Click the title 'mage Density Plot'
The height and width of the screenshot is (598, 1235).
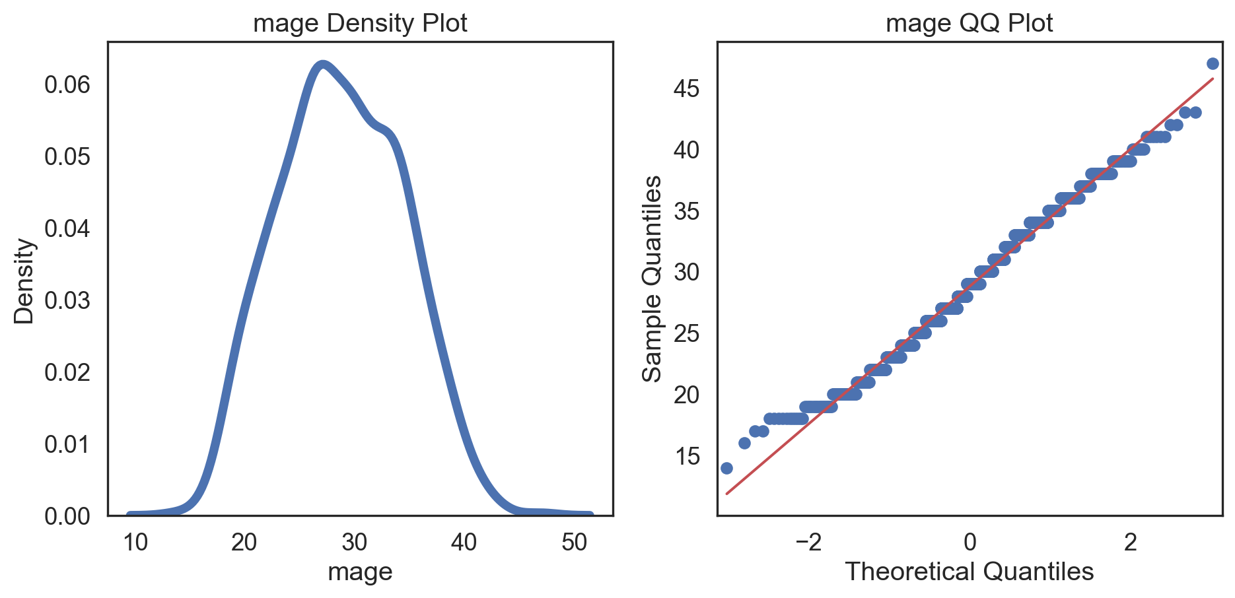(360, 23)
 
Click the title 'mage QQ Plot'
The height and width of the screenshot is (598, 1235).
(969, 23)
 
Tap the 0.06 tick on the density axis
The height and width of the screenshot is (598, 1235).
(67, 84)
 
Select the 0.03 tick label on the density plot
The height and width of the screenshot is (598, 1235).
(67, 300)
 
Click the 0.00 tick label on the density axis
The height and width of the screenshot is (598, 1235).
(67, 516)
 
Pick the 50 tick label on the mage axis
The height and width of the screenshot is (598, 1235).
(574, 543)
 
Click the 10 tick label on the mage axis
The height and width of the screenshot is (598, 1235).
(135, 543)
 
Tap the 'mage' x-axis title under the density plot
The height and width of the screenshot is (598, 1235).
(360, 572)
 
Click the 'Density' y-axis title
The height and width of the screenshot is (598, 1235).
(24, 281)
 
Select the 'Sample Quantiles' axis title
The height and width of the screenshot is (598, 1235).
(653, 279)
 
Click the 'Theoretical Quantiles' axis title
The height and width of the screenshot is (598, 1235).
(969, 572)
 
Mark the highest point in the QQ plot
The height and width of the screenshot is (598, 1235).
(1213, 64)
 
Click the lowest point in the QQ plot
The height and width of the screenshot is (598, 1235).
(726, 468)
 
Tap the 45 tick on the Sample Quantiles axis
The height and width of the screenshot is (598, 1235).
(687, 88)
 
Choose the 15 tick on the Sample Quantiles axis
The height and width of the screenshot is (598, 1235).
(687, 456)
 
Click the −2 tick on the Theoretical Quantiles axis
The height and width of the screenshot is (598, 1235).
(808, 543)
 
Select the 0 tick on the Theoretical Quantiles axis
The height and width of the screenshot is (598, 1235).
(970, 543)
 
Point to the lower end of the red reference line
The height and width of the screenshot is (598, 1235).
(727, 493)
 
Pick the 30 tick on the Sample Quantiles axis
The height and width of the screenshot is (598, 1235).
(687, 272)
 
